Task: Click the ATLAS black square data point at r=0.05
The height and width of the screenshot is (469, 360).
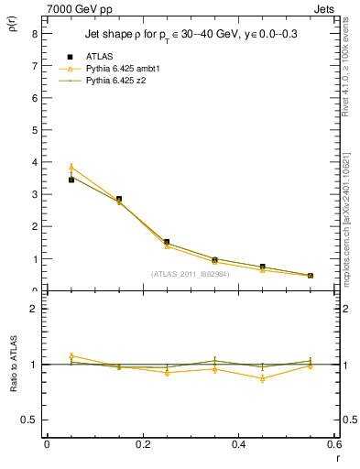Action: pyautogui.click(x=71, y=180)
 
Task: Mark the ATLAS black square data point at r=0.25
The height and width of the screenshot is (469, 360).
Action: pyautogui.click(x=167, y=242)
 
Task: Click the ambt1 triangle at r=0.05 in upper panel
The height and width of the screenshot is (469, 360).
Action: pyautogui.click(x=71, y=168)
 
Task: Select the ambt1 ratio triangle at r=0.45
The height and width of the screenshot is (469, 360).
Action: pyautogui.click(x=263, y=378)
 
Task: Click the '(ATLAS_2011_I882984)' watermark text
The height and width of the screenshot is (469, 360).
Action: pyautogui.click(x=190, y=273)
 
